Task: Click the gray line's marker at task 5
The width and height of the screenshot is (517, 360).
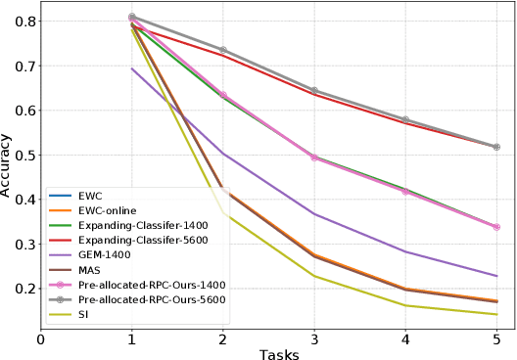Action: point(496,147)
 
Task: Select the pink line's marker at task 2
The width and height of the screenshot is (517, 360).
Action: point(223,95)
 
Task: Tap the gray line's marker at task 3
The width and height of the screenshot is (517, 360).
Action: point(314,90)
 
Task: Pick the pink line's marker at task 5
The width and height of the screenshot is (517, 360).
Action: point(496,227)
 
